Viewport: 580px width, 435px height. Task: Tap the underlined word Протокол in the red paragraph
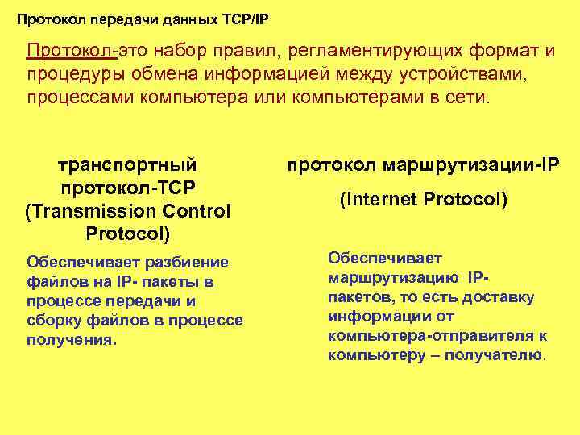click(x=71, y=52)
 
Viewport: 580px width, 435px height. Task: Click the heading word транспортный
click(x=128, y=165)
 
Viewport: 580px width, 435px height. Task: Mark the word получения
click(x=71, y=340)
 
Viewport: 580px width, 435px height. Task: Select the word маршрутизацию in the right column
click(x=393, y=278)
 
